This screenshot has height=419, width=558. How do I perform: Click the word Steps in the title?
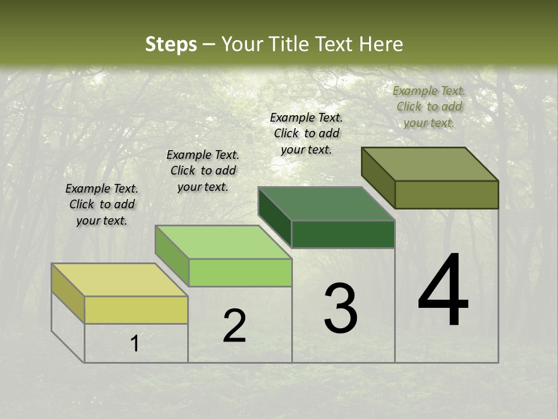click(x=171, y=44)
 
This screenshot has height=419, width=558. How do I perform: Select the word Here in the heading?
click(x=381, y=44)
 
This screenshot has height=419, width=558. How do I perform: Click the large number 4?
click(x=443, y=290)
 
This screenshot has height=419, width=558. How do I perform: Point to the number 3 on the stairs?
click(x=340, y=308)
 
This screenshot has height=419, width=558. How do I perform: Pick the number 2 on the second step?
click(x=234, y=326)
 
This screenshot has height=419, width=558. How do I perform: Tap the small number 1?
click(x=135, y=343)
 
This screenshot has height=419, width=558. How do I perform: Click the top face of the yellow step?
click(x=119, y=280)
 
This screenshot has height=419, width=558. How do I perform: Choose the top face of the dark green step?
click(x=326, y=204)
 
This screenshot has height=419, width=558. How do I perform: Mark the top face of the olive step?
click(x=430, y=164)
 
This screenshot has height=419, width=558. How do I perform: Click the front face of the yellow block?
click(x=136, y=310)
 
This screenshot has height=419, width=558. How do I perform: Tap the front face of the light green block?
click(x=240, y=272)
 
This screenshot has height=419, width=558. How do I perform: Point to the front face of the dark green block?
click(x=343, y=234)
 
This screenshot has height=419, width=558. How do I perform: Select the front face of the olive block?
click(x=446, y=194)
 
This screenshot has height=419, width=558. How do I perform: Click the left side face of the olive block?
click(x=378, y=177)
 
